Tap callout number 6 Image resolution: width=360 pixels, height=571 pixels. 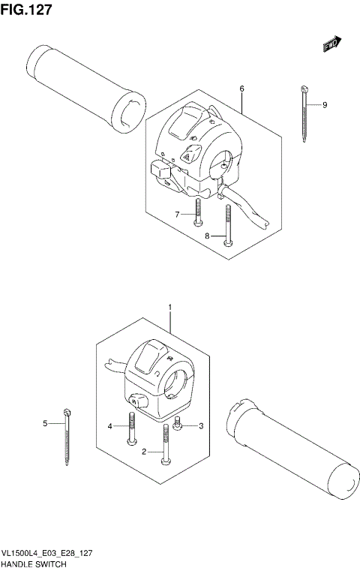point(242,89)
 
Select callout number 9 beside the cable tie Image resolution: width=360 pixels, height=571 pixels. point(325,104)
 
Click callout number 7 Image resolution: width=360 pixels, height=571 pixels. point(178,215)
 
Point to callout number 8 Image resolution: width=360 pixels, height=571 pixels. point(207,236)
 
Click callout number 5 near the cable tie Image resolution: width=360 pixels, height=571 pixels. point(45,424)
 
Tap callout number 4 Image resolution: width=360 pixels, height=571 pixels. point(109,426)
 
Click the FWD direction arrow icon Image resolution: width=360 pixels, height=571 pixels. point(332,44)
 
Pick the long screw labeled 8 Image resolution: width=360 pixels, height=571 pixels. point(226,225)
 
